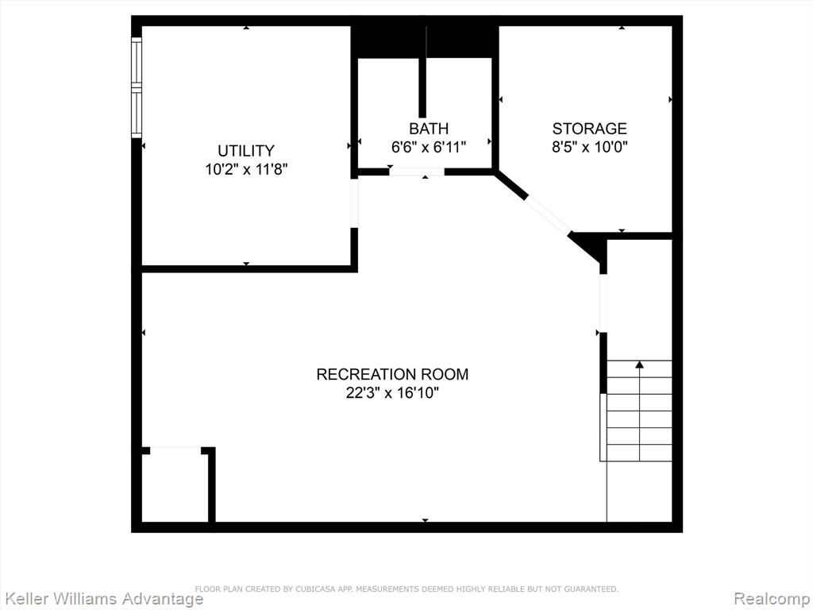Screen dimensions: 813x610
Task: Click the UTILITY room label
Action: tap(246, 151)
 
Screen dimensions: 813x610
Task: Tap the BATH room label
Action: tap(429, 128)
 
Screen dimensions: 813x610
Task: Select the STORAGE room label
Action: tap(590, 128)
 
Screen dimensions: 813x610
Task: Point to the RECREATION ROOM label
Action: tap(392, 374)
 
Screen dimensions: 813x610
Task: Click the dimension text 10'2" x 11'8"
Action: tap(246, 170)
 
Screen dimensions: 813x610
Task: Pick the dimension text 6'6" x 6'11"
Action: tap(429, 147)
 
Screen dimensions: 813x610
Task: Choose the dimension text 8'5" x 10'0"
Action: tap(590, 147)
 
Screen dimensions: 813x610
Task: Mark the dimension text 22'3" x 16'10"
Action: tap(392, 393)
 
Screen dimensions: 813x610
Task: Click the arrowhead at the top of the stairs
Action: tap(639, 365)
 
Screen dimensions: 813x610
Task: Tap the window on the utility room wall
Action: tap(137, 87)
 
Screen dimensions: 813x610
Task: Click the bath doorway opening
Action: tap(417, 172)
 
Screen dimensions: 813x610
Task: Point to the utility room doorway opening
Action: tap(354, 203)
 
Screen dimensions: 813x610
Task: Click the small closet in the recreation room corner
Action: tap(175, 485)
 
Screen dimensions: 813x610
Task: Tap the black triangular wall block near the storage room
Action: tap(591, 247)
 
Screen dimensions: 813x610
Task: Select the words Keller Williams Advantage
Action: tap(102, 599)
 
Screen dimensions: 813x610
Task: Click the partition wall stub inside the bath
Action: tap(422, 87)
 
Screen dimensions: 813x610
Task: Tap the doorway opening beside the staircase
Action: tap(603, 303)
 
